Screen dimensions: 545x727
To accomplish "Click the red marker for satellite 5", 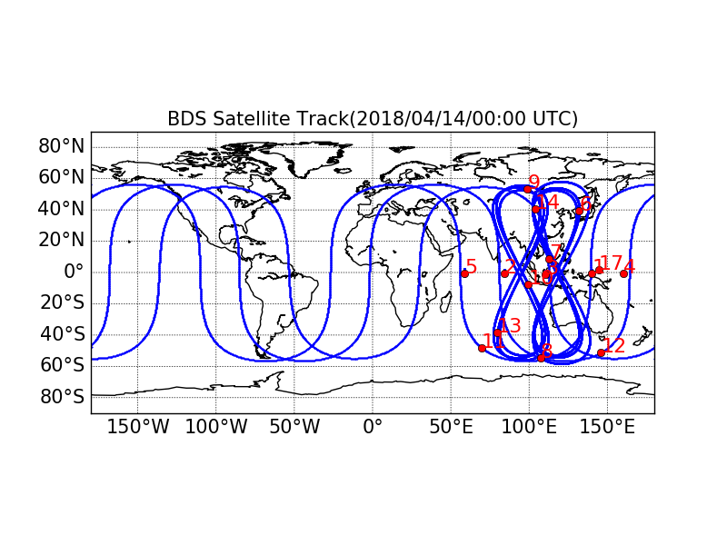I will [464, 273].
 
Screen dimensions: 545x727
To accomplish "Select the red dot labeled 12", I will [601, 352].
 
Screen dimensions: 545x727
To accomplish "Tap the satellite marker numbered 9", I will [527, 189].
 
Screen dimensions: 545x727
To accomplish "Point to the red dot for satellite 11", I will [482, 348].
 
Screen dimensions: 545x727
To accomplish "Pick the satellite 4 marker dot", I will [623, 273].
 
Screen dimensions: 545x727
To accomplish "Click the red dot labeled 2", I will [504, 273].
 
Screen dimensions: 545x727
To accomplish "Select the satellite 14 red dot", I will [536, 209].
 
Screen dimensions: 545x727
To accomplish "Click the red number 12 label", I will [614, 345].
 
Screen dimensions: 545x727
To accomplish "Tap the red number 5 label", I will [471, 267].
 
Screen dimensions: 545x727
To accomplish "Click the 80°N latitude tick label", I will [60, 146].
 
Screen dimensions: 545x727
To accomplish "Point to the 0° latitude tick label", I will [73, 272].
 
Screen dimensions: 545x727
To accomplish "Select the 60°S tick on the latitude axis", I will [60, 365].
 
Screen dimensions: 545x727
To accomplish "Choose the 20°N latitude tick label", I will [60, 240].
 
